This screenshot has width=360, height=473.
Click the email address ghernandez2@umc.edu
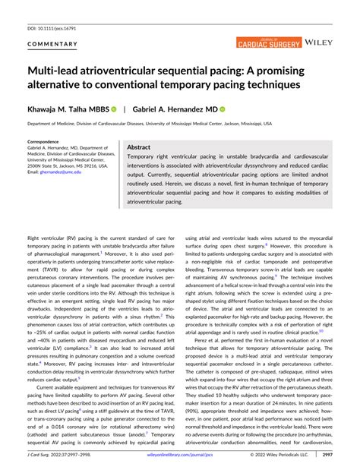coord(62,172)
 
